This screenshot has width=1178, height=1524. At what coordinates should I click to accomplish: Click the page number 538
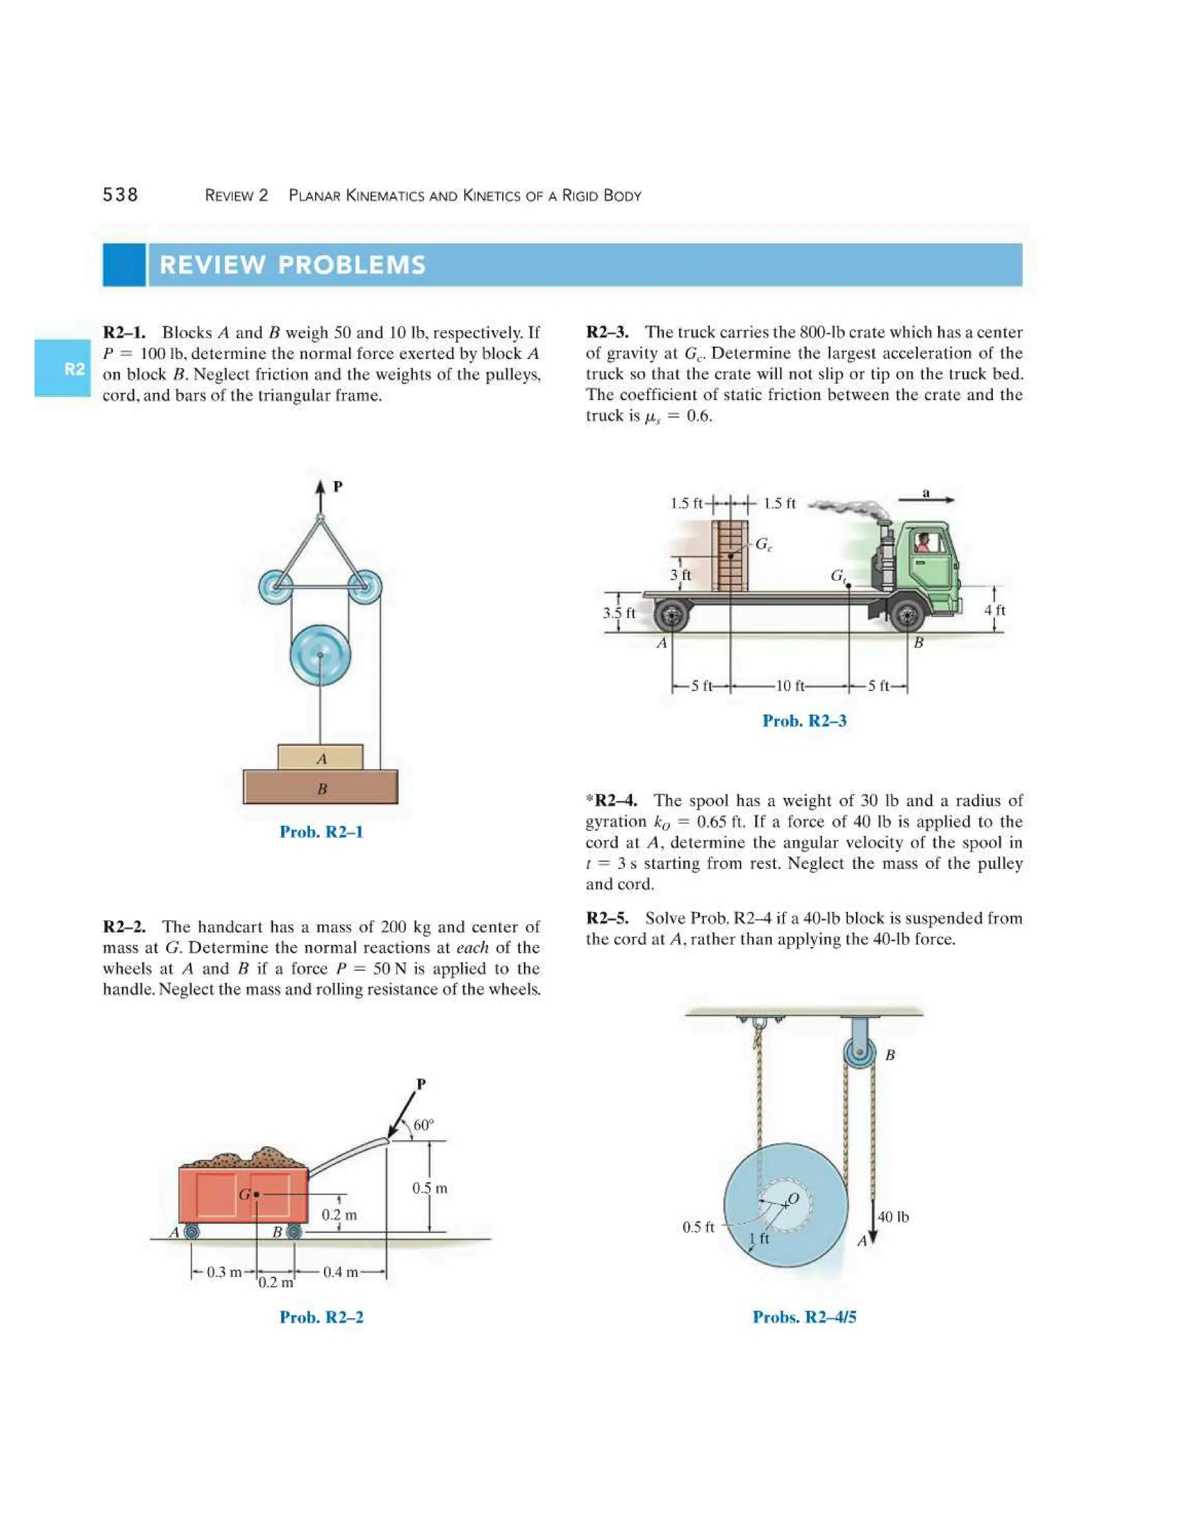click(x=120, y=195)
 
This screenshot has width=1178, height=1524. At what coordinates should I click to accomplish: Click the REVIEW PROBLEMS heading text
click(x=292, y=265)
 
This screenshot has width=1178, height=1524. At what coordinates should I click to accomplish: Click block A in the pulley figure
click(x=320, y=758)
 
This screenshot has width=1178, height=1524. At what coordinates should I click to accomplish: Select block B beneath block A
click(x=320, y=788)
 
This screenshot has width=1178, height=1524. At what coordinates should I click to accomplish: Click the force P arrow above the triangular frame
click(x=320, y=495)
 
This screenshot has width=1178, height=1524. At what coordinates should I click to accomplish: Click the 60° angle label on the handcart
click(x=423, y=1125)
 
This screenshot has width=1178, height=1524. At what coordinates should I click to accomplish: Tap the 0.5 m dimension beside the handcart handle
click(x=429, y=1188)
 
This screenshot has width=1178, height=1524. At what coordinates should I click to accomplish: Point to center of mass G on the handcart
click(x=257, y=1194)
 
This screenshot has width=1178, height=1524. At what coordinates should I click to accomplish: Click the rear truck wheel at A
click(x=673, y=616)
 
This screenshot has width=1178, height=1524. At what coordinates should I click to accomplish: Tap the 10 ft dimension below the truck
click(x=789, y=686)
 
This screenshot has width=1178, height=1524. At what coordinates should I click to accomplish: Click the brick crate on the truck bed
click(x=730, y=556)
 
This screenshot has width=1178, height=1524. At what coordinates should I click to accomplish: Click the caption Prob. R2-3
click(x=804, y=721)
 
